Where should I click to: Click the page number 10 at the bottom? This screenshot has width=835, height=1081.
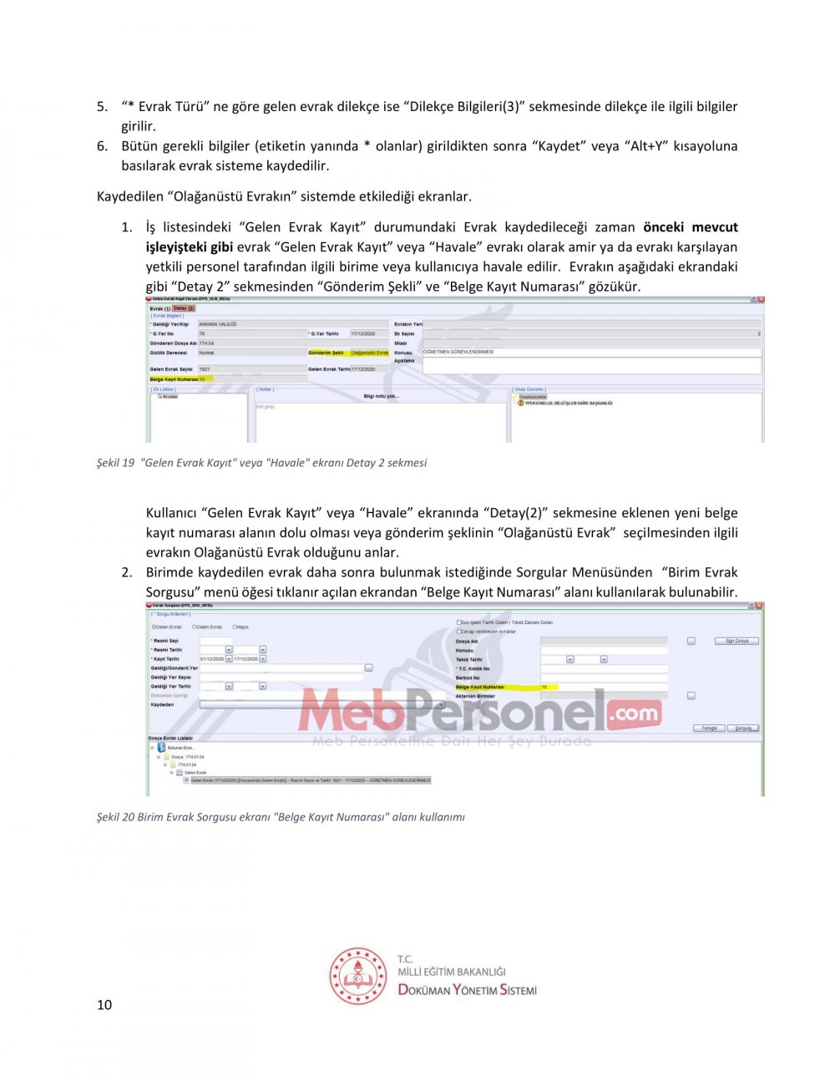[104, 1004]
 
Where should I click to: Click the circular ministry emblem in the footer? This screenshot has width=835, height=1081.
[358, 976]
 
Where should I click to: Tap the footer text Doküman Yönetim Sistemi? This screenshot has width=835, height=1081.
[467, 990]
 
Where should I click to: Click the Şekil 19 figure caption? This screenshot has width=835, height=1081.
[261, 463]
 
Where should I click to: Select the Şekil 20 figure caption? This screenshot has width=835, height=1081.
[281, 817]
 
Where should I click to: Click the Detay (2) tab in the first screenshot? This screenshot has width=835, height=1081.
[184, 308]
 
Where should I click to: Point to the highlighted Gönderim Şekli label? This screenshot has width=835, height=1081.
[326, 353]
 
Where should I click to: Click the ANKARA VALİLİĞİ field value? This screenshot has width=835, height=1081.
[218, 324]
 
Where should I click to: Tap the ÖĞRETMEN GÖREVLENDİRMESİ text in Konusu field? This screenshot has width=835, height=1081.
[458, 352]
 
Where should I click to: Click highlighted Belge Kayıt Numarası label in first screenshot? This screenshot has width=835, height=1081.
[174, 379]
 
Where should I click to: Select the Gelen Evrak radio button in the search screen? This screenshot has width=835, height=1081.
[154, 627]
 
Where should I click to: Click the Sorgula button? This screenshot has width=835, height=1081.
[742, 728]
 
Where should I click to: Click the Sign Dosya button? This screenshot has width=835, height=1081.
[736, 641]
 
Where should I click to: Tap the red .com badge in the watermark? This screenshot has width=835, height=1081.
[634, 713]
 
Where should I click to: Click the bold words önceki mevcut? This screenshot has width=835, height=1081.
[690, 227]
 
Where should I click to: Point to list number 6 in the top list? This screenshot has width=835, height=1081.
[102, 146]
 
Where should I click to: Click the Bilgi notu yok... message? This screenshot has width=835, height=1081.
[381, 396]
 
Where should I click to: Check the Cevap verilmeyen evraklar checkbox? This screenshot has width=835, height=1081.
[458, 632]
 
